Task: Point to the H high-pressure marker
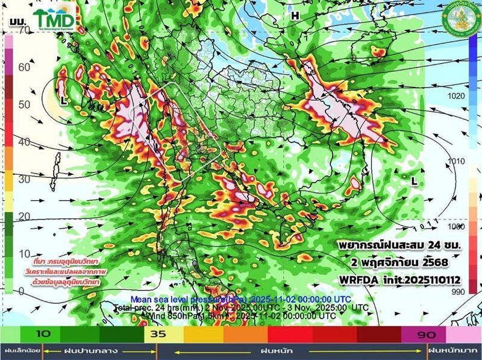(x=295, y=16)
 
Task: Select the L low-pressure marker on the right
(x=414, y=180)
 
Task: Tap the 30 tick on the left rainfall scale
(x=24, y=180)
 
